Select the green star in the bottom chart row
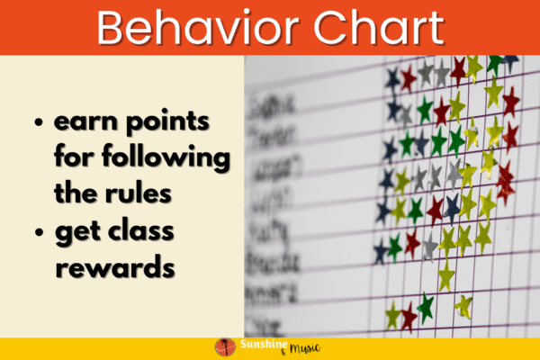(426, 308)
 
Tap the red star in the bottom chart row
(409, 315)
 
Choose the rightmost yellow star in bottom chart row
(463, 306)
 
